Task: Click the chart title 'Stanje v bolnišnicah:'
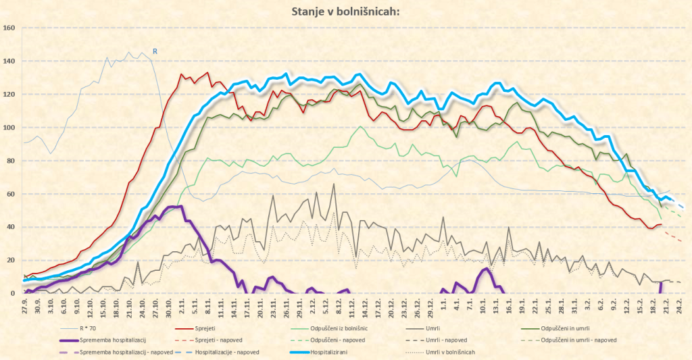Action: (345, 11)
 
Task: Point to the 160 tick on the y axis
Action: (9, 28)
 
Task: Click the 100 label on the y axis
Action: (9, 128)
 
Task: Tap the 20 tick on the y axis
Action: (11, 261)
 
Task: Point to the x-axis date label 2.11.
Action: (182, 305)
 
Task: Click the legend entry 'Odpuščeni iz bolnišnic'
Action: (343, 328)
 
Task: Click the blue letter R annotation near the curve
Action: (155, 51)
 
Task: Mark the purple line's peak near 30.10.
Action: (175, 206)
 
